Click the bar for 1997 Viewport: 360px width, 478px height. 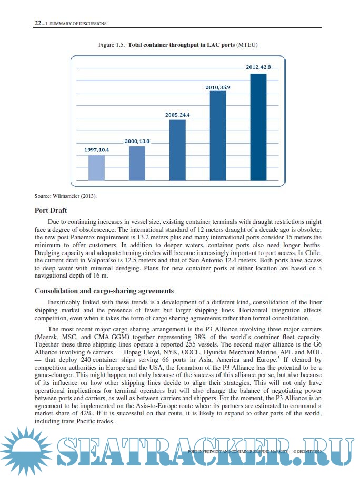(x=96, y=167)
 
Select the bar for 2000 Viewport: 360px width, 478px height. (x=137, y=163)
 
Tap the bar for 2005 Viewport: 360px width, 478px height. (x=177, y=150)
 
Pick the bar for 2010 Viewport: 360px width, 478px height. (x=218, y=135)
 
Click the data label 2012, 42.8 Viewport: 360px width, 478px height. (x=258, y=67)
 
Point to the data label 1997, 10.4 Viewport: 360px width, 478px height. (x=96, y=150)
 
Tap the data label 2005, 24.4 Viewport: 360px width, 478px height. (x=177, y=115)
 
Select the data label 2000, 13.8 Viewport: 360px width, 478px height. (x=137, y=141)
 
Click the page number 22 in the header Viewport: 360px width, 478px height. (x=38, y=23)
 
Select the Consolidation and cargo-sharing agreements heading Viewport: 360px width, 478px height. (x=104, y=291)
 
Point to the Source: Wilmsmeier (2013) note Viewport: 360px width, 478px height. (x=66, y=196)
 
